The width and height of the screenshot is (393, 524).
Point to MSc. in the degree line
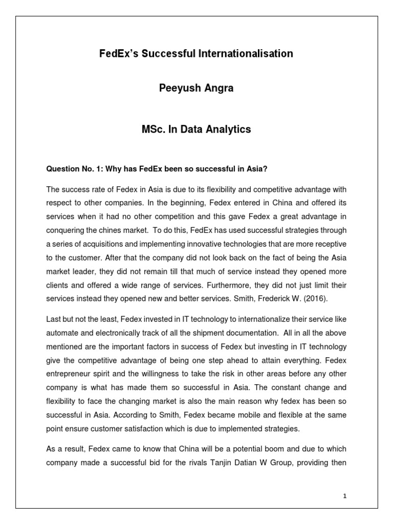[x=155, y=129]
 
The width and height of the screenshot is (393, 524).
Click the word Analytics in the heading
[x=226, y=129]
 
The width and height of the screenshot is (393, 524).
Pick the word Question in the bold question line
[x=63, y=168]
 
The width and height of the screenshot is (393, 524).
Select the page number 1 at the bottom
[x=345, y=496]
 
